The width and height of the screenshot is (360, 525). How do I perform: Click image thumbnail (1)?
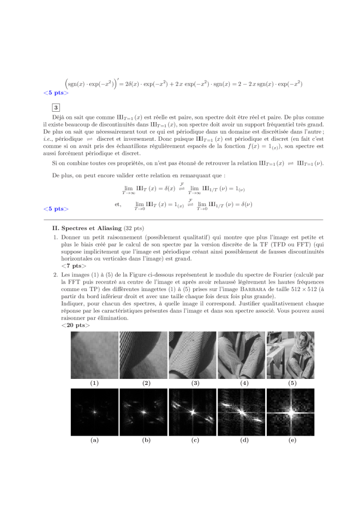[x=94, y=355]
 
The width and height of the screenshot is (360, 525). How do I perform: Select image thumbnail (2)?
[x=143, y=355]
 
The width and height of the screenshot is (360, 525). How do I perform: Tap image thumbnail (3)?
[x=192, y=355]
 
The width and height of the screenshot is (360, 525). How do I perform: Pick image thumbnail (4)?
[x=241, y=355]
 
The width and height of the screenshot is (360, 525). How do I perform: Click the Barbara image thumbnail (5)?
[x=290, y=355]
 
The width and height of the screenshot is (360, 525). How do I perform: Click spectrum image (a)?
[x=94, y=413]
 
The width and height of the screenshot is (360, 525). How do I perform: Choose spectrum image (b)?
[x=143, y=413]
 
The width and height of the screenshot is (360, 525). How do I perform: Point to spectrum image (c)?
[x=192, y=413]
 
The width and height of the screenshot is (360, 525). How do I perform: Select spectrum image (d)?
[x=241, y=413]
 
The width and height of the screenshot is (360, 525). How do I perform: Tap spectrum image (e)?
[x=290, y=413]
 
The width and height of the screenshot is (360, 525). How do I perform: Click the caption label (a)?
[x=94, y=440]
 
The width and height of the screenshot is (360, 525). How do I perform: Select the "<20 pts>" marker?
[x=75, y=325]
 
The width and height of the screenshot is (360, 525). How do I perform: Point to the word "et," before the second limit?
[x=118, y=204]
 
